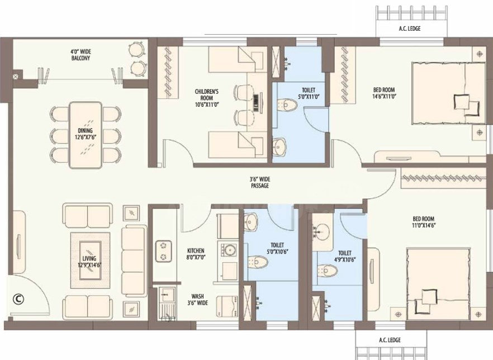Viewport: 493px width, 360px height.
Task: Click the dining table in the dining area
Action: [x=86, y=135]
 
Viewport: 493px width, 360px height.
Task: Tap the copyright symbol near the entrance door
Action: [x=18, y=299]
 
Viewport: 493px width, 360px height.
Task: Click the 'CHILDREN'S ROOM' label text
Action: [x=207, y=94]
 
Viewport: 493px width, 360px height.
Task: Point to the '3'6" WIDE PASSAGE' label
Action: [x=260, y=182]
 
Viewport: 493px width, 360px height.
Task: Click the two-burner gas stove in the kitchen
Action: [x=163, y=251]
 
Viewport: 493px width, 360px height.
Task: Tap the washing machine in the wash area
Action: [x=227, y=306]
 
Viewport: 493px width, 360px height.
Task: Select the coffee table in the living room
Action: [x=90, y=260]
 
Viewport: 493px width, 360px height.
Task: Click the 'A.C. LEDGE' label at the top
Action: [x=410, y=29]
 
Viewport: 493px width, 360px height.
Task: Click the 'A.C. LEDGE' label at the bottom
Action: [x=390, y=340]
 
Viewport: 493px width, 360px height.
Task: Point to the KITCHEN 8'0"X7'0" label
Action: [x=196, y=254]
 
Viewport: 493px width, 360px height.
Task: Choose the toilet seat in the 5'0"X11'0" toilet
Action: [x=287, y=105]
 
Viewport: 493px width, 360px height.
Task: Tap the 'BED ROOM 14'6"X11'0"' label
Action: [x=384, y=93]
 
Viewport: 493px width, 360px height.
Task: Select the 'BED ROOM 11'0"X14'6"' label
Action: [x=424, y=222]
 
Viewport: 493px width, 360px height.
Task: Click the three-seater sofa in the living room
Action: [x=134, y=261]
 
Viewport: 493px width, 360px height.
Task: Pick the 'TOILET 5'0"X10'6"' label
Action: [x=277, y=248]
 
